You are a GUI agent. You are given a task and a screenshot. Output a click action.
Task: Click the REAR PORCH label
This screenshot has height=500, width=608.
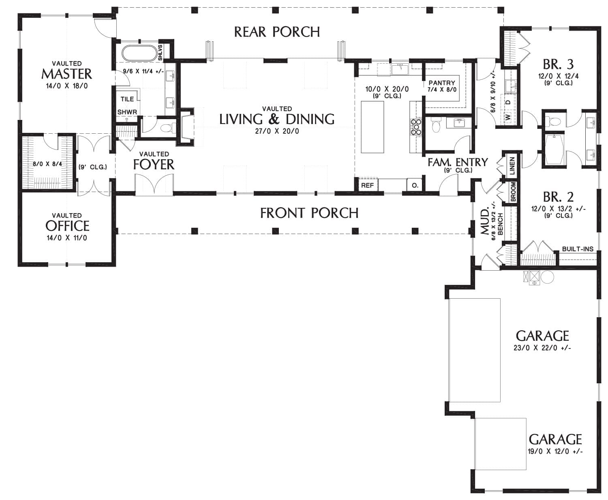(x=277, y=32)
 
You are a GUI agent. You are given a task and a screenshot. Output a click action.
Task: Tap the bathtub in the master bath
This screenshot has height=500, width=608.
(x=139, y=53)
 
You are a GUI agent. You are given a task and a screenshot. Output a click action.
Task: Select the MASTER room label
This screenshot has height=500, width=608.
(x=66, y=74)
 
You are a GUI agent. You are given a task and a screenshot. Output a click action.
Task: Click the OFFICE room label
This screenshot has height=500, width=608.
(x=67, y=226)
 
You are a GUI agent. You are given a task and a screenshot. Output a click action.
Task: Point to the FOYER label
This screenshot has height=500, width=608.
(x=154, y=164)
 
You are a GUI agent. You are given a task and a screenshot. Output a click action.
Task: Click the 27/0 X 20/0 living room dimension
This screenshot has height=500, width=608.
(x=277, y=131)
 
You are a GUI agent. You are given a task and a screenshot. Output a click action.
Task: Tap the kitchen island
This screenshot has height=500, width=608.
(x=373, y=127)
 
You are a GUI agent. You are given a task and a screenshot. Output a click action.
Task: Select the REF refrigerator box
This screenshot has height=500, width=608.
(x=367, y=185)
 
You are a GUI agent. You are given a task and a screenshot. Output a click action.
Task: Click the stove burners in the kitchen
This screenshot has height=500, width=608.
(x=416, y=127)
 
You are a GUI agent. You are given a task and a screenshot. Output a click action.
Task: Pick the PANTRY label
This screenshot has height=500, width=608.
(x=442, y=83)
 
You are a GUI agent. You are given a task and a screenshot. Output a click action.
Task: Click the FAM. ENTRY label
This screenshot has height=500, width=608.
(x=458, y=162)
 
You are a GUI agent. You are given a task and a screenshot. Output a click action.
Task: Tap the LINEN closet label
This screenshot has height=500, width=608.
(x=512, y=166)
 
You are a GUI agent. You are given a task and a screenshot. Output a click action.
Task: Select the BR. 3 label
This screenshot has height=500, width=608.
(x=558, y=64)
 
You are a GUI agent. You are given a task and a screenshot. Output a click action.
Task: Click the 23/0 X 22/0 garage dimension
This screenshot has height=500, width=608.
(x=542, y=348)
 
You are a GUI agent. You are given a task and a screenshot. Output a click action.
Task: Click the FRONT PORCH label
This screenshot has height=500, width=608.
(x=309, y=213)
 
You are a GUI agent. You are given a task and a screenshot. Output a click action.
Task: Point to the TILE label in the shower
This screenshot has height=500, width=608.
(x=127, y=99)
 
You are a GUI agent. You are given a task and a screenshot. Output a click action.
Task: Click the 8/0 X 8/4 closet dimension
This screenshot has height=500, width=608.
(x=47, y=164)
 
